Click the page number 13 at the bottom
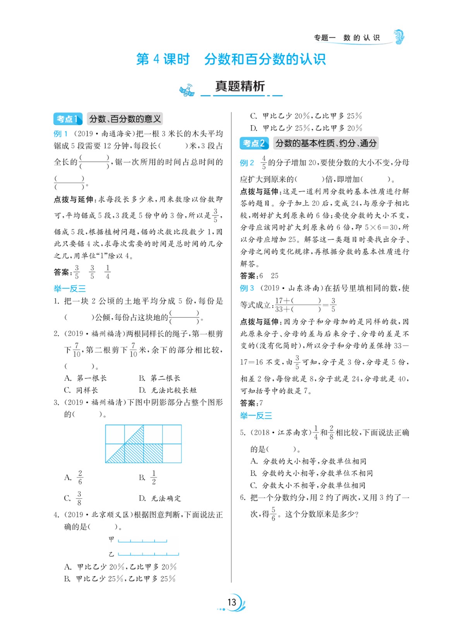232,602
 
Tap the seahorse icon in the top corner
399,37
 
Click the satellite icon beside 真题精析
187,91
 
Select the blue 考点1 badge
68,119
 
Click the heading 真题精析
240,86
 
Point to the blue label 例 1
61,134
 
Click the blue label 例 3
247,288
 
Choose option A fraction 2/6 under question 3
80,477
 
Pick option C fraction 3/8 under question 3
79,498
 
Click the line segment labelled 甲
142,541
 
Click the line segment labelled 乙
148,554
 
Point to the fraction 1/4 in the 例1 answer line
107,272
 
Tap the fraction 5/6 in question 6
273,514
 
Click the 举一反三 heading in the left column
70,288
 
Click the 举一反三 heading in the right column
256,416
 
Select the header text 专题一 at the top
324,38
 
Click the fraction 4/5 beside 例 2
264,163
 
